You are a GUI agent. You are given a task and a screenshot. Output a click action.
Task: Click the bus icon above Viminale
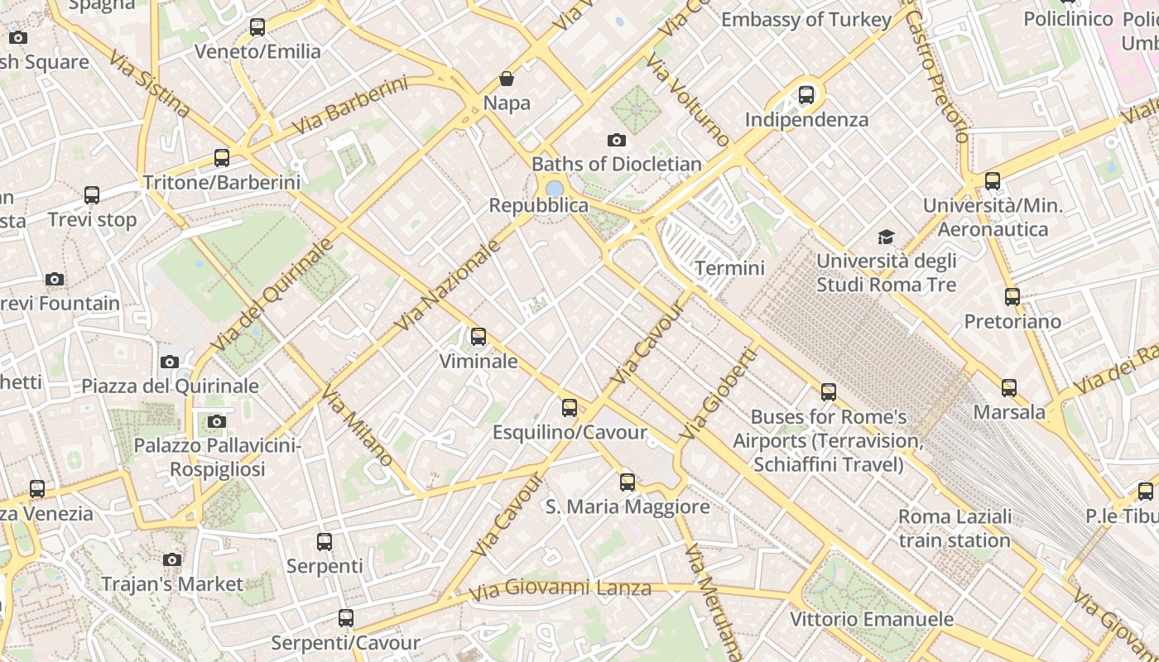pos(478,337)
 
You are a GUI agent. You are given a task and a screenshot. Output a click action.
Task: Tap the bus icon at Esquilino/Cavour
pos(569,407)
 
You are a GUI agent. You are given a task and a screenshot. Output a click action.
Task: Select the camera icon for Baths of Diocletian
pos(616,140)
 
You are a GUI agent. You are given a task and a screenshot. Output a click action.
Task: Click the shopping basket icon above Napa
pos(506,79)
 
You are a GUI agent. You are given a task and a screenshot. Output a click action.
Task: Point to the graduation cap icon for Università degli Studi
pos(886,237)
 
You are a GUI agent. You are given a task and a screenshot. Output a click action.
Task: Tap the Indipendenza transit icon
pos(806,95)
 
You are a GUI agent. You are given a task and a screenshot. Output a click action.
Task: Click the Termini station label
pos(729,268)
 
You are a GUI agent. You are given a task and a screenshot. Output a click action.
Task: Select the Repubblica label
pos(538,205)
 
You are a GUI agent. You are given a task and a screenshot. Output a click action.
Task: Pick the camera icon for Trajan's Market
pos(172,559)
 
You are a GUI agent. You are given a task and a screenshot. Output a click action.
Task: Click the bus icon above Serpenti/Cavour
pos(345,617)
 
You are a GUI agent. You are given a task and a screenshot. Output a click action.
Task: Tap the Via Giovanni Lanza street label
pos(560,590)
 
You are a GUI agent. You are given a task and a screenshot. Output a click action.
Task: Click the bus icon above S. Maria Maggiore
pos(627,482)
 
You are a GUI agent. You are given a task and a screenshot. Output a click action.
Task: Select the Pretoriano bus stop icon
pos(1012,297)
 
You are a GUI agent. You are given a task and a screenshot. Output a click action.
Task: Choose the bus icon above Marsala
pos(1008,387)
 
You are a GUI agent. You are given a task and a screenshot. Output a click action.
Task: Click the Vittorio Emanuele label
pos(871,619)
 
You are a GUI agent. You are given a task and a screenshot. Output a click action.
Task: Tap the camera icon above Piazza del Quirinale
pos(169,362)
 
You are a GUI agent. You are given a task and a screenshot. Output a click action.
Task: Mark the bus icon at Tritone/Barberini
pos(221,157)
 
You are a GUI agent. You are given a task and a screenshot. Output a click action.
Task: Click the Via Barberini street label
pos(351,106)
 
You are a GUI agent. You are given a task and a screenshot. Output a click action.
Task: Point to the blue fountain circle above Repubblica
pos(554,189)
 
